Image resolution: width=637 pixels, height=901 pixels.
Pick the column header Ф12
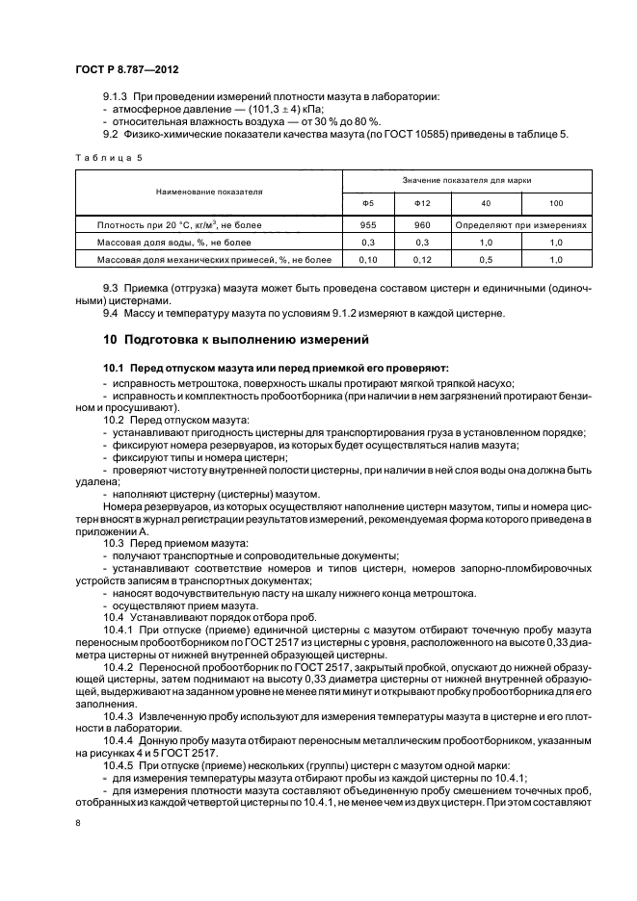420,204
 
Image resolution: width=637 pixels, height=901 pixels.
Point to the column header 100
555,204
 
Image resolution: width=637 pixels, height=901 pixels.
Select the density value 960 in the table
420,224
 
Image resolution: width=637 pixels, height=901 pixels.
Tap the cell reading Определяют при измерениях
521,224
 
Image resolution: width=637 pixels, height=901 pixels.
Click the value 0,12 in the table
420,259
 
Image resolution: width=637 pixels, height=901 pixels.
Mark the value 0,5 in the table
487,259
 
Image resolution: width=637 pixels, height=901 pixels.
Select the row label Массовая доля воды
174,242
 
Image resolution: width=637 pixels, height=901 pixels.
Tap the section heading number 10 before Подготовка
110,340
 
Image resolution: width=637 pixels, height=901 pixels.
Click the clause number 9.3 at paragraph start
111,289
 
